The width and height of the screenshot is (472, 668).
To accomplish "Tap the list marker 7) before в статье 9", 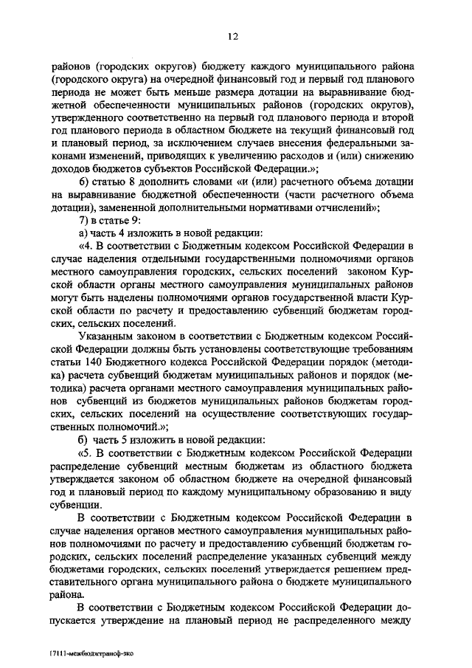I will point(83,220).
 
